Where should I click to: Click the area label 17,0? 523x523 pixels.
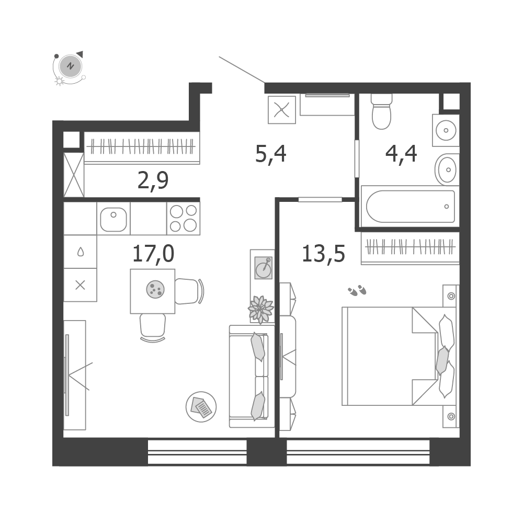pyautogui.click(x=153, y=254)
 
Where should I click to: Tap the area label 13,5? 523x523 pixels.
pyautogui.click(x=323, y=254)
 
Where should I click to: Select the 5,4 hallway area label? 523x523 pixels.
pyautogui.click(x=270, y=154)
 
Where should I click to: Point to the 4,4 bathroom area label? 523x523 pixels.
pyautogui.click(x=401, y=154)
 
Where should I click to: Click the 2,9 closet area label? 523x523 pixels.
pyautogui.click(x=153, y=181)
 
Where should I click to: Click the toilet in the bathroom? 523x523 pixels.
pyautogui.click(x=381, y=111)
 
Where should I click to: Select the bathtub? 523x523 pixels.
pyautogui.click(x=410, y=207)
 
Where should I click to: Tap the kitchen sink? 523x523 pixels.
pyautogui.click(x=113, y=219)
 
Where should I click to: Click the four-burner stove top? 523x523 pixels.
pyautogui.click(x=183, y=219)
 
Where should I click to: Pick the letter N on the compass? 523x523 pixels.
pyautogui.click(x=71, y=66)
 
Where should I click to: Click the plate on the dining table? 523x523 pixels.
pyautogui.click(x=155, y=289)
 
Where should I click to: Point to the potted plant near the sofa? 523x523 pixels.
pyautogui.click(x=261, y=310)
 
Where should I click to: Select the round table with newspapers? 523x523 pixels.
pyautogui.click(x=201, y=407)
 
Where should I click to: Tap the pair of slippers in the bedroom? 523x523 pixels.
pyautogui.click(x=357, y=290)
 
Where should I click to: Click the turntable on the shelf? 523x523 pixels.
pyautogui.click(x=264, y=268)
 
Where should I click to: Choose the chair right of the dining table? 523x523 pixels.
pyautogui.click(x=189, y=291)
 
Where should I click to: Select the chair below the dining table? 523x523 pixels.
pyautogui.click(x=153, y=327)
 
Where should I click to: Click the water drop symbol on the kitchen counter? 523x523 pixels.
pyautogui.click(x=81, y=252)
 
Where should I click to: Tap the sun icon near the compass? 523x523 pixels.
pyautogui.click(x=60, y=81)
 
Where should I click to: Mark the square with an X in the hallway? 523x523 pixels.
pyautogui.click(x=282, y=110)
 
